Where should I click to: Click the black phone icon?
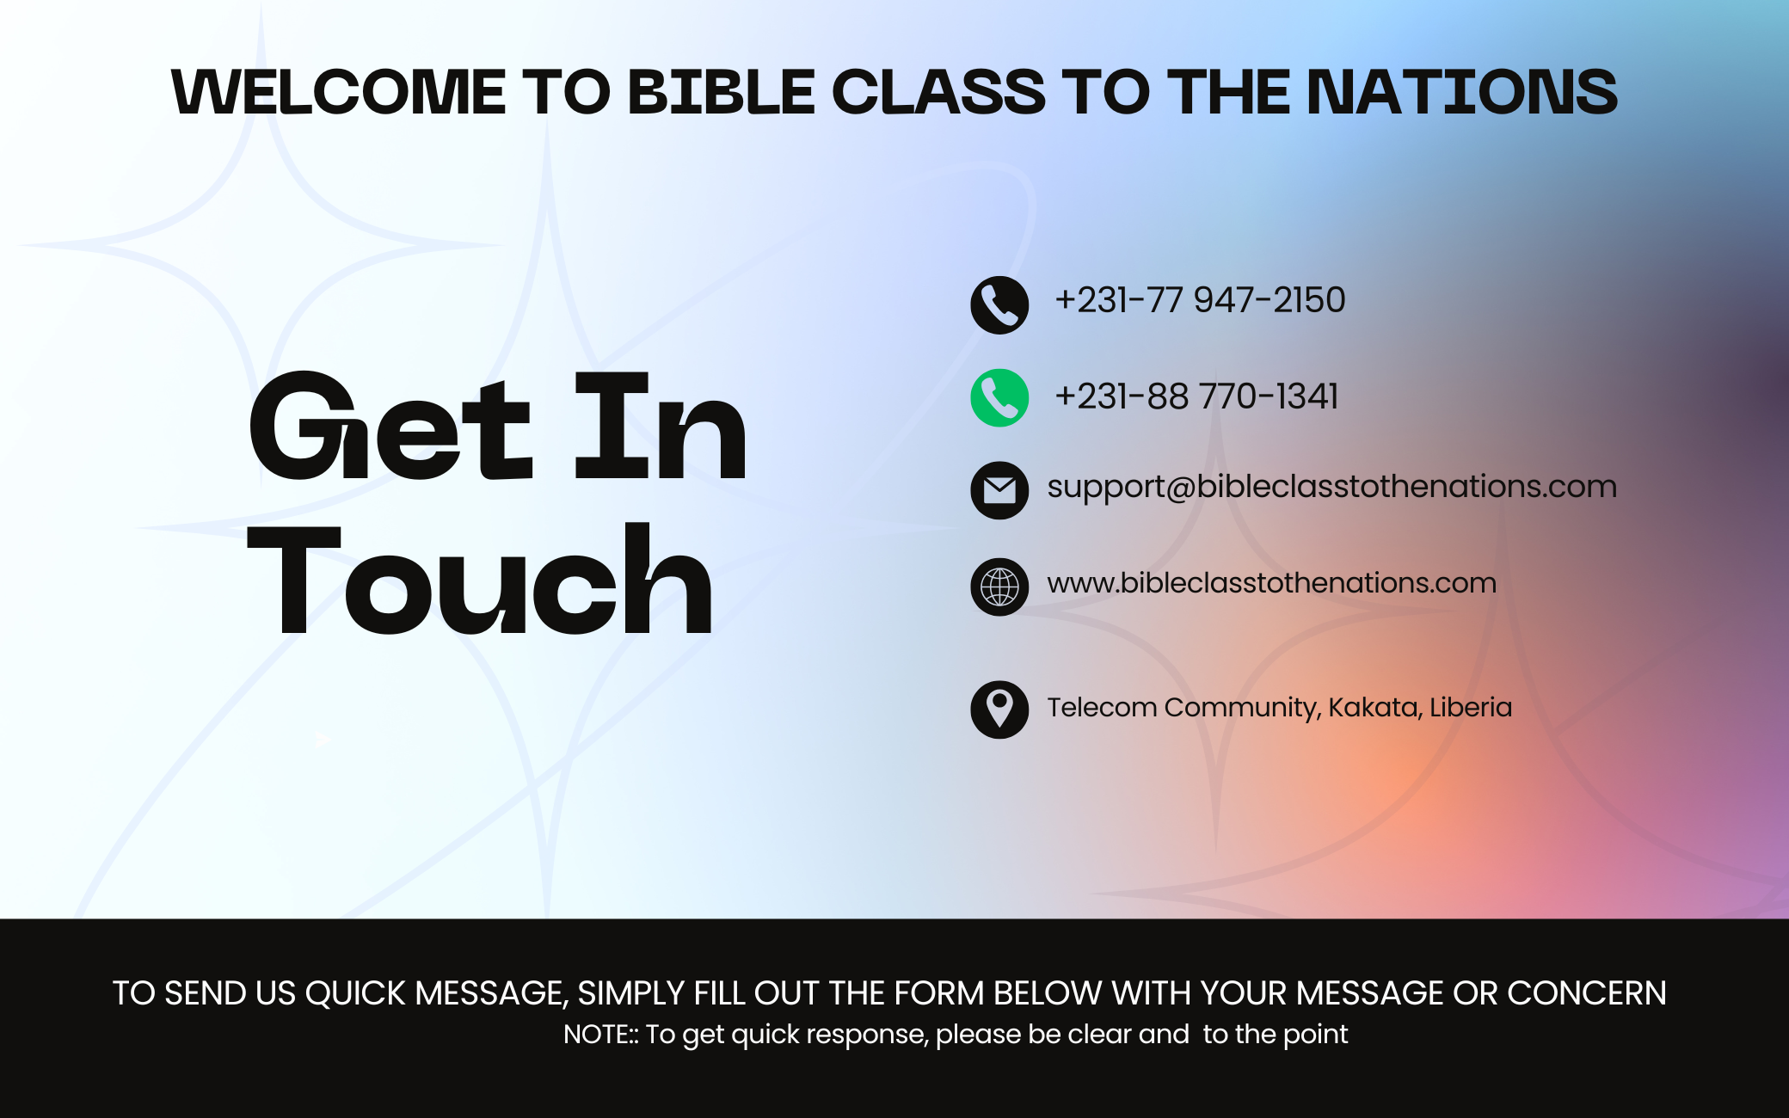pyautogui.click(x=999, y=305)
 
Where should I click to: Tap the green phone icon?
pyautogui.click(x=999, y=398)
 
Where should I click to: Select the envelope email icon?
pyautogui.click(x=999, y=490)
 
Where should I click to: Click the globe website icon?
pyautogui.click(x=999, y=587)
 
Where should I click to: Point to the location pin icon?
pyautogui.click(x=999, y=709)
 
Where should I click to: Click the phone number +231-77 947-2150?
pyautogui.click(x=1200, y=300)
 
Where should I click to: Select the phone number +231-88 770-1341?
pyautogui.click(x=1196, y=396)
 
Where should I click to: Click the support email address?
pyautogui.click(x=1332, y=488)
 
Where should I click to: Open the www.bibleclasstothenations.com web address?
pyautogui.click(x=1272, y=583)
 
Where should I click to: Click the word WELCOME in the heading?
pyautogui.click(x=339, y=91)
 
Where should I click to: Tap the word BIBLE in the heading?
pyautogui.click(x=721, y=91)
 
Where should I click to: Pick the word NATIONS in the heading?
pyautogui.click(x=1461, y=91)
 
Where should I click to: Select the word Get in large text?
pyautogui.click(x=391, y=426)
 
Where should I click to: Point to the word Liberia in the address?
pyautogui.click(x=1471, y=707)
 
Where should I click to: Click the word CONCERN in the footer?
pyautogui.click(x=1587, y=993)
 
